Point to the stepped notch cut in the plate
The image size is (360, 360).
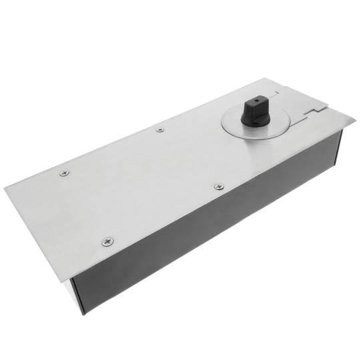click(311, 109)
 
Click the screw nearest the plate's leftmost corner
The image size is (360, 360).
click(64, 173)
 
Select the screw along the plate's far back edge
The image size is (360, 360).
click(159, 129)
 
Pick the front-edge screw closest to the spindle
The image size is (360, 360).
click(217, 187)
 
